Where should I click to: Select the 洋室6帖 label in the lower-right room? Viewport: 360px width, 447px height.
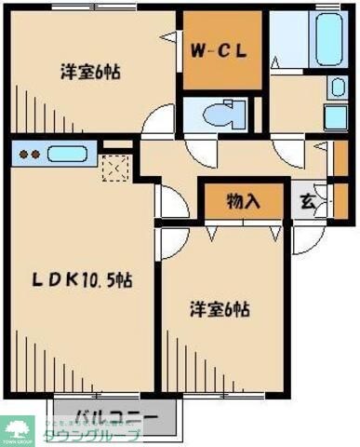222,309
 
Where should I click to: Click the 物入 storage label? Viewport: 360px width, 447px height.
244,200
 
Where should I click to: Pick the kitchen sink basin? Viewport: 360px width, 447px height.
67,155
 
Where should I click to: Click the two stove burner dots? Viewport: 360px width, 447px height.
28,155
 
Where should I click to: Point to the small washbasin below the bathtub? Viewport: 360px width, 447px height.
338,87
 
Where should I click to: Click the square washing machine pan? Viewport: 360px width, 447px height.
336,118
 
